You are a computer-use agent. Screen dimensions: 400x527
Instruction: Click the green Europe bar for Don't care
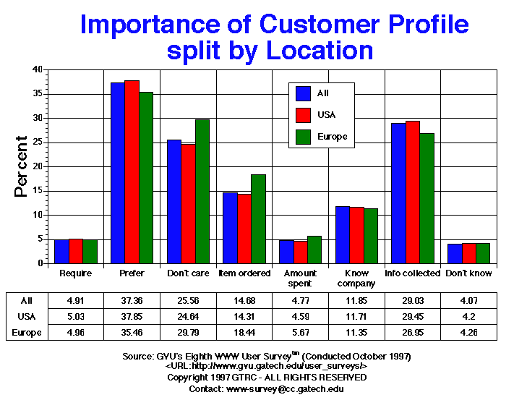[x=202, y=192]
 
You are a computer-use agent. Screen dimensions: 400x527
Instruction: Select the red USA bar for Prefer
[x=132, y=172]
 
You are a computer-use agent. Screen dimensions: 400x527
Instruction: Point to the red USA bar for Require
[x=76, y=251]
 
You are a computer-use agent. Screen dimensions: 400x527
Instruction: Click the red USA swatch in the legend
[x=304, y=114]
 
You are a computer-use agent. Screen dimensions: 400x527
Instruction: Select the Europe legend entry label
[x=333, y=136]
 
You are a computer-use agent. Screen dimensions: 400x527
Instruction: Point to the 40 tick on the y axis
[x=37, y=69]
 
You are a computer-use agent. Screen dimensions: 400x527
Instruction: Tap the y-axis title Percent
[x=22, y=166]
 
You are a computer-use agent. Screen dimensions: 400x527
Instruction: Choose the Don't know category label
[x=469, y=273]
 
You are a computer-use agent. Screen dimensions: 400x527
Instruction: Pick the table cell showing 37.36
[x=133, y=299]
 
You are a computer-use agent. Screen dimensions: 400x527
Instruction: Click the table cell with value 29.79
[x=189, y=333]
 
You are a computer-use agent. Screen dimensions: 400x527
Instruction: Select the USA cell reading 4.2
[x=469, y=316]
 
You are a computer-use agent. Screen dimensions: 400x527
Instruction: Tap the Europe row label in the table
[x=26, y=333]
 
